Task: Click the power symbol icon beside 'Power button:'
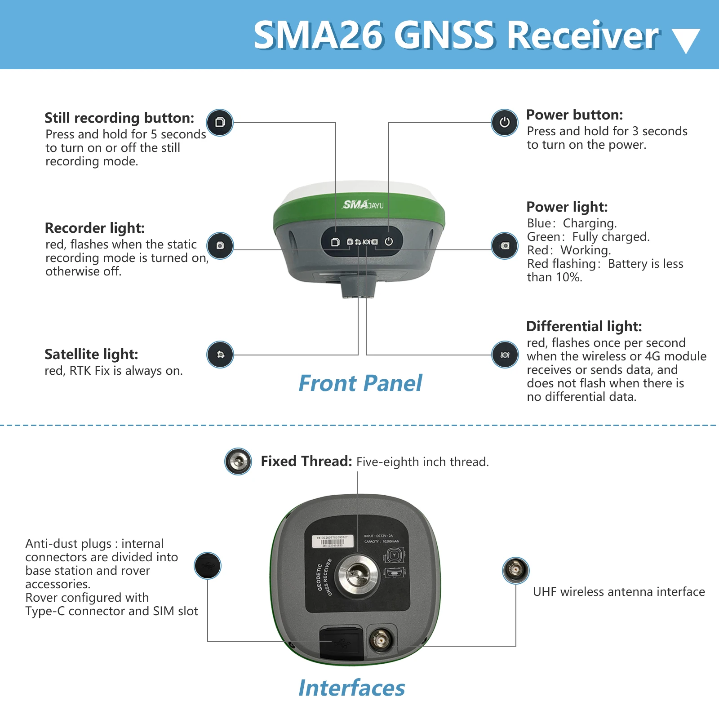(505, 122)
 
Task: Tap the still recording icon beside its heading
(220, 122)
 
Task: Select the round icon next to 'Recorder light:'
(220, 246)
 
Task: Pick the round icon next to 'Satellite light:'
(220, 355)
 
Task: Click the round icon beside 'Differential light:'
(505, 355)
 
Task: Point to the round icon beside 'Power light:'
(505, 246)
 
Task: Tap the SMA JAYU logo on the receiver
(363, 205)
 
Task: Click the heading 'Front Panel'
(360, 383)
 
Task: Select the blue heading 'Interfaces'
(352, 688)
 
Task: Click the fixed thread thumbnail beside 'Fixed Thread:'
(238, 461)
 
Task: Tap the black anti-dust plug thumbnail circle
(208, 566)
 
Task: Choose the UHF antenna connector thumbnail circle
(515, 570)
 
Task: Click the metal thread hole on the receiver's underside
(358, 576)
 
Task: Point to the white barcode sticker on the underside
(333, 541)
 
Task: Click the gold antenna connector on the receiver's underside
(382, 639)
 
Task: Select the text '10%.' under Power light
(568, 277)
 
